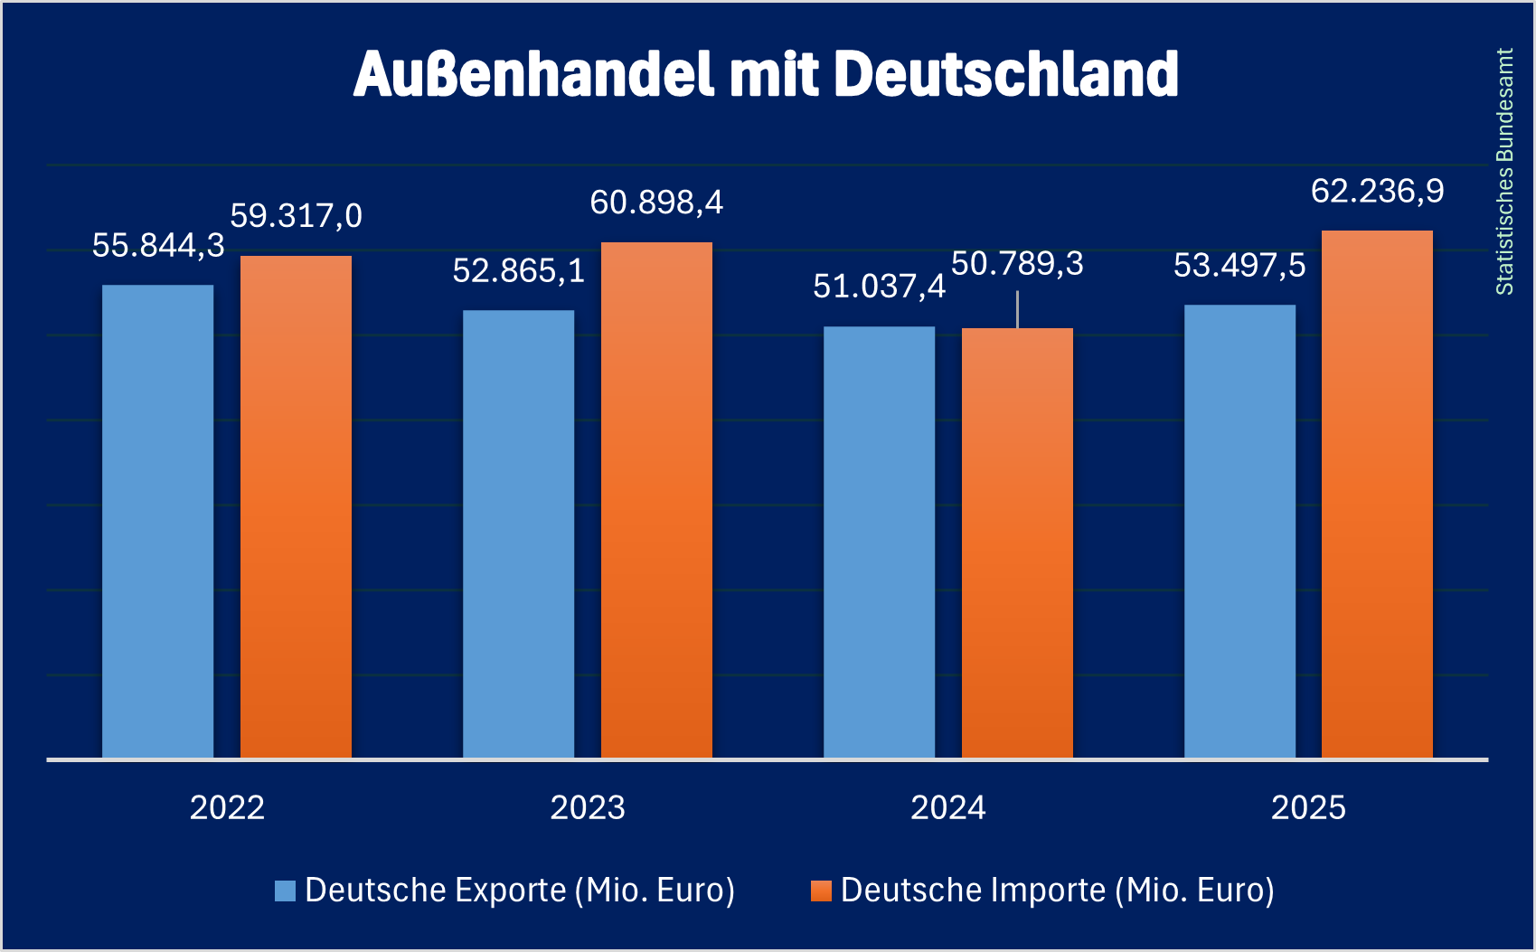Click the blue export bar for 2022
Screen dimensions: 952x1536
click(x=157, y=521)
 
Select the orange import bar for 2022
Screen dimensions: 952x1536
click(x=296, y=506)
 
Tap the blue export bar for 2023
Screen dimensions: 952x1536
click(x=518, y=533)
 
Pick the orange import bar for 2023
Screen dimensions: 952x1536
click(x=656, y=499)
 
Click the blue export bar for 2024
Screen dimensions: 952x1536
click(x=879, y=542)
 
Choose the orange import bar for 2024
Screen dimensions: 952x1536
click(x=1017, y=542)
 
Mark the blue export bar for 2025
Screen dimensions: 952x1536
click(x=1239, y=531)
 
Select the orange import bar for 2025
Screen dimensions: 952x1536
click(x=1377, y=494)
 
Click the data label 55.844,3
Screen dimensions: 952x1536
click(x=158, y=246)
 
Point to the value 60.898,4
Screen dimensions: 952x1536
click(x=656, y=203)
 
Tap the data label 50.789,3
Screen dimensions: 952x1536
click(x=1017, y=264)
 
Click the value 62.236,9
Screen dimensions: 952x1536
click(x=1377, y=191)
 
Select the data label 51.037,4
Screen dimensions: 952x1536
click(x=879, y=287)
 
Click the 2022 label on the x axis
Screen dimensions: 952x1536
click(x=227, y=807)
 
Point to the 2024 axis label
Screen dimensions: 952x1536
click(x=947, y=807)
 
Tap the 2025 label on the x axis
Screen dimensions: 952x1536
click(x=1308, y=807)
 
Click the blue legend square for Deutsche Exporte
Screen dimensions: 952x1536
click(x=285, y=891)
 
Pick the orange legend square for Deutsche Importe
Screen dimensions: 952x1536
click(x=821, y=891)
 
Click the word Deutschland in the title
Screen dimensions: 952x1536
click(x=1005, y=74)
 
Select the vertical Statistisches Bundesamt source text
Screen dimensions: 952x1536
click(x=1504, y=172)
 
